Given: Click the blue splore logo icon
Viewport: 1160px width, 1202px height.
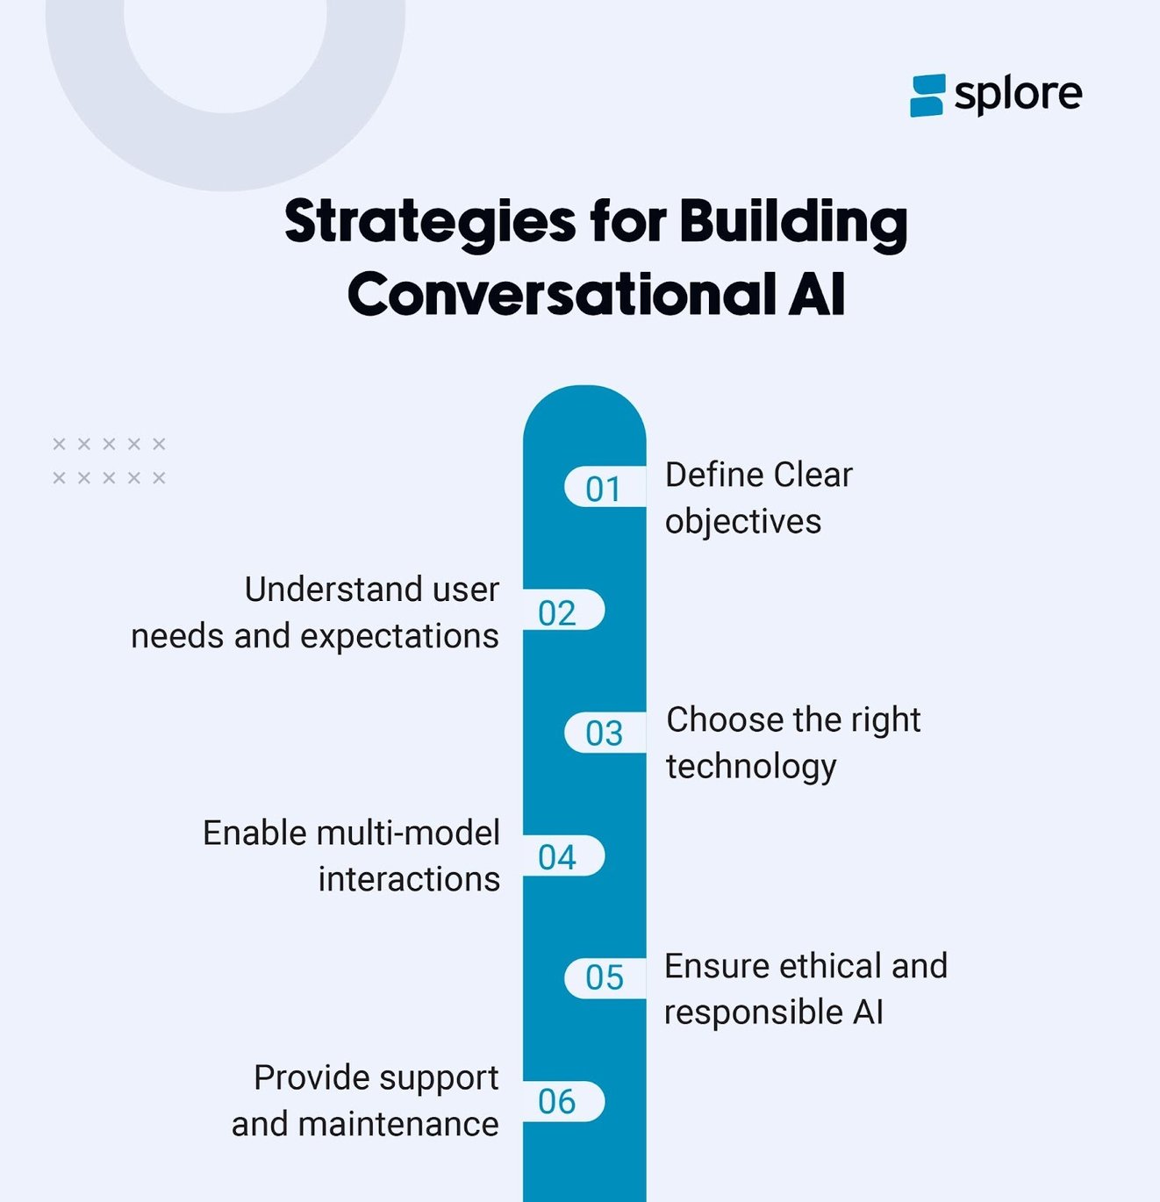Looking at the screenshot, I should (927, 95).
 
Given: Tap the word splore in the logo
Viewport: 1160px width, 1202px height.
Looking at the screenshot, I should (1018, 94).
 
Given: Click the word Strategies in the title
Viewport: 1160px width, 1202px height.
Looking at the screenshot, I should (430, 221).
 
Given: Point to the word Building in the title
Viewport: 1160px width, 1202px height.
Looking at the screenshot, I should (793, 221).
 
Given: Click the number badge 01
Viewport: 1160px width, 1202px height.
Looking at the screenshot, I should (604, 488).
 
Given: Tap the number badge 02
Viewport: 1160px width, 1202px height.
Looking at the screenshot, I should (557, 612).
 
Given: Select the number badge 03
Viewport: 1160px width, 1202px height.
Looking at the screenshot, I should (604, 733).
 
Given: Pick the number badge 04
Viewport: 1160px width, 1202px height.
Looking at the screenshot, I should (557, 856).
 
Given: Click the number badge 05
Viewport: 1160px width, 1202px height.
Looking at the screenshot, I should (604, 977).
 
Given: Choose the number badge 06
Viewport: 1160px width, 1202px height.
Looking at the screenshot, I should (557, 1101).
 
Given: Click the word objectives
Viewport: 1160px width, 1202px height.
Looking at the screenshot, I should (743, 521).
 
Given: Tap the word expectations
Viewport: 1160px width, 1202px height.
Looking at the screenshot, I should (399, 636).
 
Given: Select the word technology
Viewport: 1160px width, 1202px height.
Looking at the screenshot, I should (751, 766).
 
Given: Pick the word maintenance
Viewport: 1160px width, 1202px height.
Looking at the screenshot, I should (398, 1124).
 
